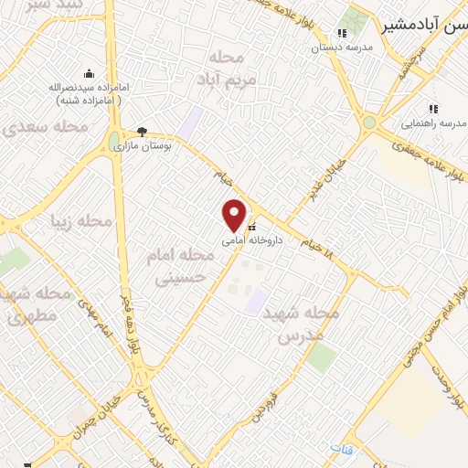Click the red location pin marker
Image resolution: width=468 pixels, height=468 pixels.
pos(234,215)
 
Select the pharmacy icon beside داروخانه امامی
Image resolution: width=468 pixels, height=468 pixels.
pos(251,228)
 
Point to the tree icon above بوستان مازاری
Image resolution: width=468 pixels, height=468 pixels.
pos(142,132)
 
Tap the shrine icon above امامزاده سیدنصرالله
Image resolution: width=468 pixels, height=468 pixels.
pos(88,72)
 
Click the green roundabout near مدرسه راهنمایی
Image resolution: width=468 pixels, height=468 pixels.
pos(369,122)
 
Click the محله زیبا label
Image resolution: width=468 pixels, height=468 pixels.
pos(94,222)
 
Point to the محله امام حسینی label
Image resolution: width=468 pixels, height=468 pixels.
pos(180,264)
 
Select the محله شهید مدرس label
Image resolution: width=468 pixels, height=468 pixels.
pos(301,322)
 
